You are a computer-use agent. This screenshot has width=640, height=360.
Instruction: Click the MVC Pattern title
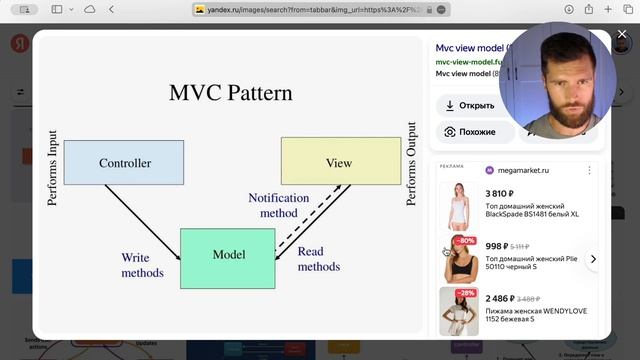coord(231,93)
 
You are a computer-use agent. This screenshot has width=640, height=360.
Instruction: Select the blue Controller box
coord(124,162)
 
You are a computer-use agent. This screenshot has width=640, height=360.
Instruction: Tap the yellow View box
coord(338,162)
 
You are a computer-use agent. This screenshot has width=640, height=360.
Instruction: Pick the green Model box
coord(228,256)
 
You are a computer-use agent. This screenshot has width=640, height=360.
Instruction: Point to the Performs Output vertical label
coord(411,164)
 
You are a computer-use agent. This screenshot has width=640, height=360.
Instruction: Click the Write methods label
coord(142,265)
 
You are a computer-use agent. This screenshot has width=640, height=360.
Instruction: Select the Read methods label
coord(318,260)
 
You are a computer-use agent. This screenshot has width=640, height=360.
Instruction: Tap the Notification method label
coord(278,205)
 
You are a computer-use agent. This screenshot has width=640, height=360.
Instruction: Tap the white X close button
coord(621,34)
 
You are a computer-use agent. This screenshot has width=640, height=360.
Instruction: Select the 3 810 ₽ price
coord(502,194)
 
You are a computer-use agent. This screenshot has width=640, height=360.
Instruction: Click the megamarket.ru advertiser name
coord(527,170)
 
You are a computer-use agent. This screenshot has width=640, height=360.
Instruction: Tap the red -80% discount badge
coord(465,241)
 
